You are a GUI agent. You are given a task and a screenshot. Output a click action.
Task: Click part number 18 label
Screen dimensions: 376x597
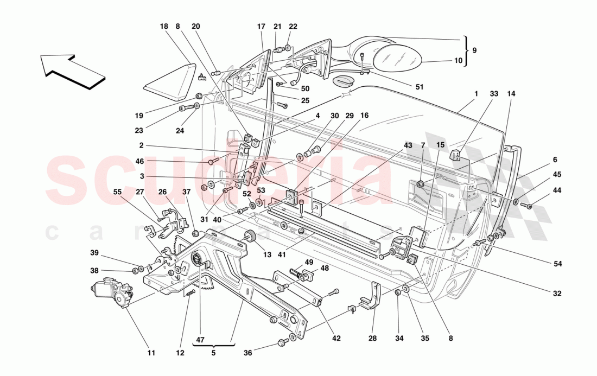click(x=164, y=27)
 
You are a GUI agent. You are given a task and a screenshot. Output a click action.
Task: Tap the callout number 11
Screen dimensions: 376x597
click(x=151, y=353)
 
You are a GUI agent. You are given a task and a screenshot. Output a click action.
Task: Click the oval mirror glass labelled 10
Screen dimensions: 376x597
click(x=400, y=58)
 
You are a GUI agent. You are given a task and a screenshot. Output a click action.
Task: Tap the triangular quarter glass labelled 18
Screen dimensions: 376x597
click(x=169, y=82)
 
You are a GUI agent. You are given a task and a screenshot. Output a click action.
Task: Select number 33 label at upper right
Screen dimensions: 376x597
click(x=493, y=94)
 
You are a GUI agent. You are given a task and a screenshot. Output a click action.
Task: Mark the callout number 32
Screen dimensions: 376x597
click(x=557, y=294)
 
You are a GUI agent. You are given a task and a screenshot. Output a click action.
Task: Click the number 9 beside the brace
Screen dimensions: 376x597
click(x=474, y=50)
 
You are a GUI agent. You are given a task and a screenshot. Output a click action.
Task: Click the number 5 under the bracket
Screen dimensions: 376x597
click(x=213, y=353)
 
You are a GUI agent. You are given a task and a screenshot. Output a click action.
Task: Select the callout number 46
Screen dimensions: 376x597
click(x=140, y=161)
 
